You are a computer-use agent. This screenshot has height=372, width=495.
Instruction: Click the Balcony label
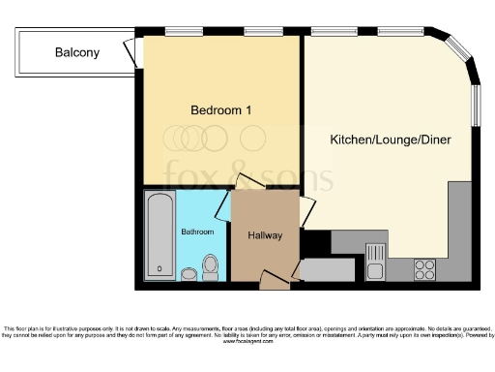tap(76, 52)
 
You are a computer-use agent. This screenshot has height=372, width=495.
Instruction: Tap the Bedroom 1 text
tap(220, 110)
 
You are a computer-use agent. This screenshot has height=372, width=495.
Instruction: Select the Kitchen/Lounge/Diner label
tap(390, 140)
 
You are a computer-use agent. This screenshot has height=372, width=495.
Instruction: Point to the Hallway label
tap(265, 235)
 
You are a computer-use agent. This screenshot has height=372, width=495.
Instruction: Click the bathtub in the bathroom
tap(160, 234)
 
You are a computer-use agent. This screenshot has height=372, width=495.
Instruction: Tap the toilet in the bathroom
tap(212, 265)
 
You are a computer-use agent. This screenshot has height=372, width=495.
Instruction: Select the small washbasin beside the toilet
tap(190, 275)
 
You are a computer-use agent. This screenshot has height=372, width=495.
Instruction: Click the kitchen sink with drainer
tap(377, 258)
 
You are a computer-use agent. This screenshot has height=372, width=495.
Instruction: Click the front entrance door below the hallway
tap(274, 282)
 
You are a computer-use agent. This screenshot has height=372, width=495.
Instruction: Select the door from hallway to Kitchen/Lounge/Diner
tap(307, 209)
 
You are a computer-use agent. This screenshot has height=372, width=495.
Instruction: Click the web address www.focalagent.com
tap(247, 342)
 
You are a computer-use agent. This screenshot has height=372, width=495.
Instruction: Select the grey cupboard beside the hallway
tap(315, 270)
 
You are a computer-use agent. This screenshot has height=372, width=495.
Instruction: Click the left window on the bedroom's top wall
tap(177, 32)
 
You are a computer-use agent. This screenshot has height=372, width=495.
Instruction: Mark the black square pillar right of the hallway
tap(310, 241)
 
